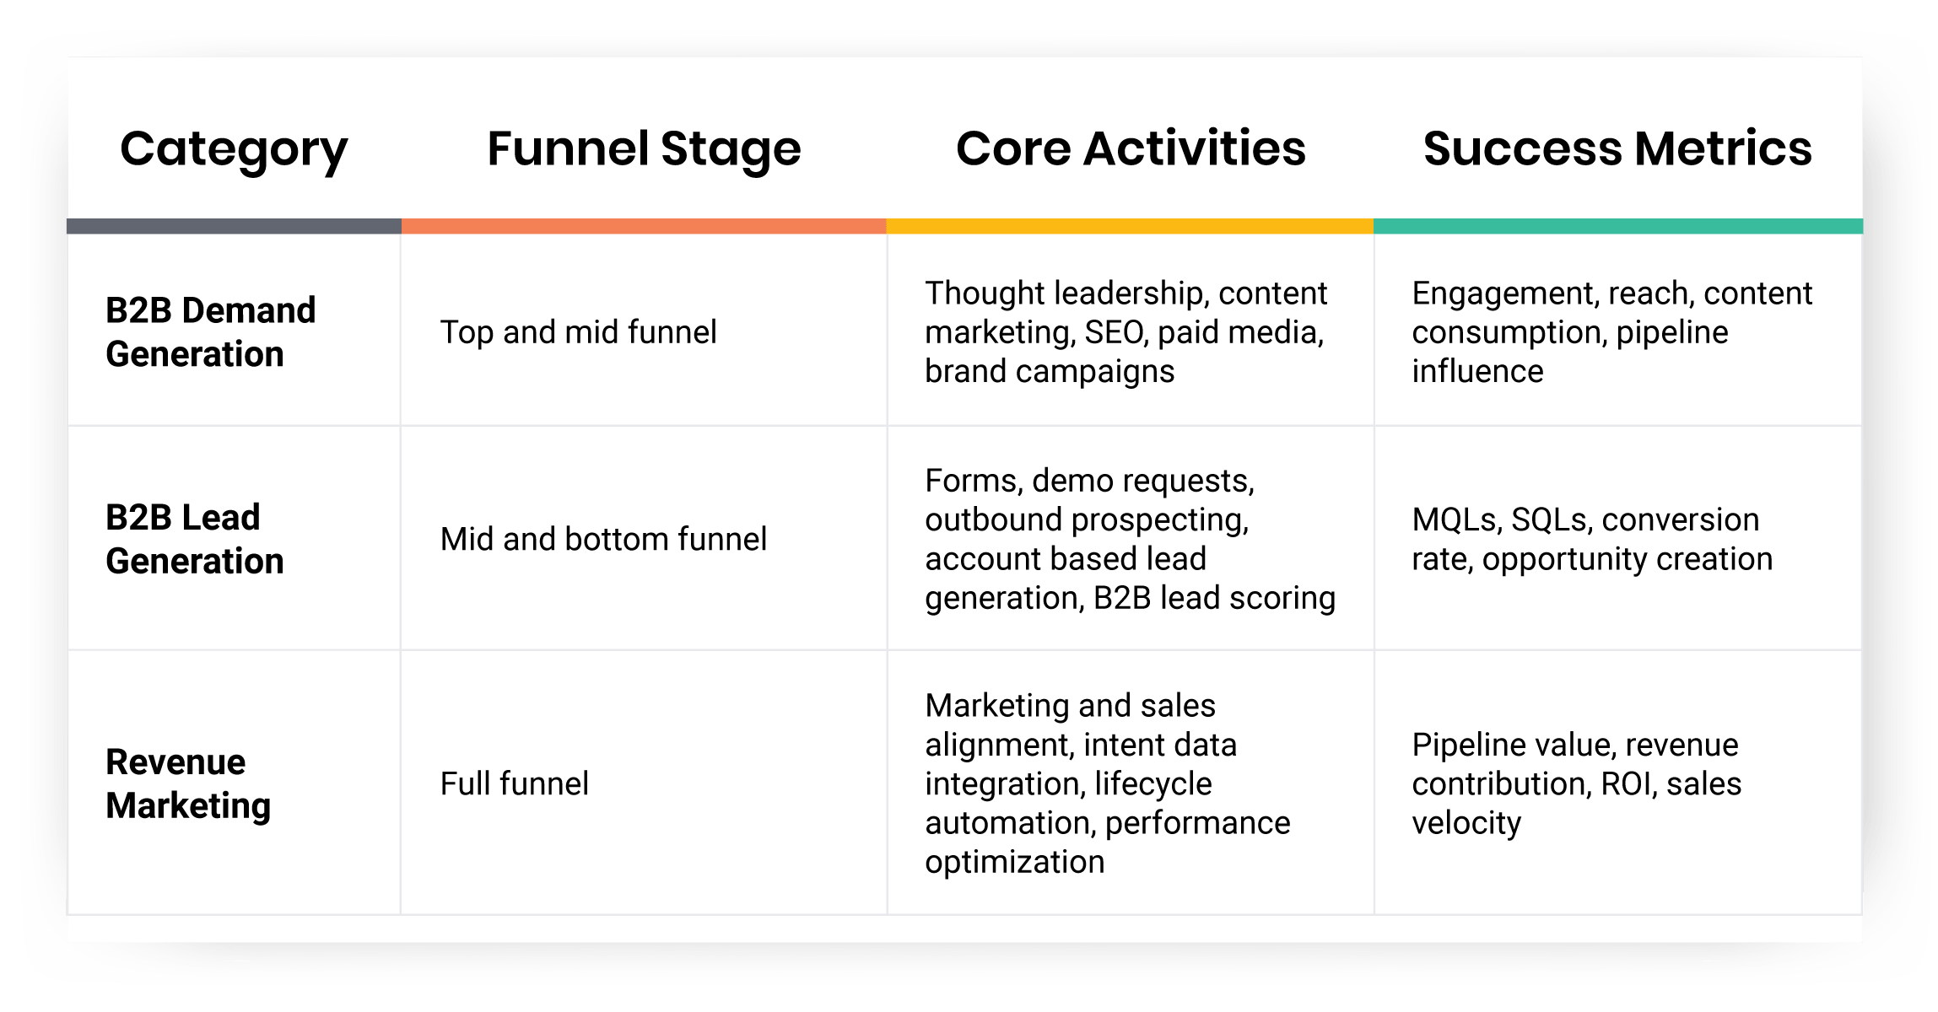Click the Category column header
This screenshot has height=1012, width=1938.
click(x=234, y=149)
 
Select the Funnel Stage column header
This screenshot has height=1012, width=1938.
click(x=644, y=149)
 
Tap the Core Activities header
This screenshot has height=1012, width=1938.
click(x=1131, y=149)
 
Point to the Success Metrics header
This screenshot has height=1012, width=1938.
click(x=1617, y=149)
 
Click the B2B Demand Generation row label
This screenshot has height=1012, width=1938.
click(x=211, y=332)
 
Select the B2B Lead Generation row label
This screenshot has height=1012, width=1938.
click(x=195, y=539)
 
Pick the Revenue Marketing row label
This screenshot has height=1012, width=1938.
click(x=188, y=783)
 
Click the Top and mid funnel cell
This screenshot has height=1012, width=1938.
click(x=578, y=332)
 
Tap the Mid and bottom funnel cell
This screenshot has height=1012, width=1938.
click(x=603, y=539)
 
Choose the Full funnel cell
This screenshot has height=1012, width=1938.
click(x=514, y=783)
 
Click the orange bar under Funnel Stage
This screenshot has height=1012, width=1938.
click(x=644, y=226)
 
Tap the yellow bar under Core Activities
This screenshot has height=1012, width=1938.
click(x=1130, y=226)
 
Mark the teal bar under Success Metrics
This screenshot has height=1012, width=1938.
click(x=1617, y=226)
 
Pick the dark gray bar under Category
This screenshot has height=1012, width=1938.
click(x=234, y=226)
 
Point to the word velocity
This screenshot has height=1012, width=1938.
click(x=1466, y=823)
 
